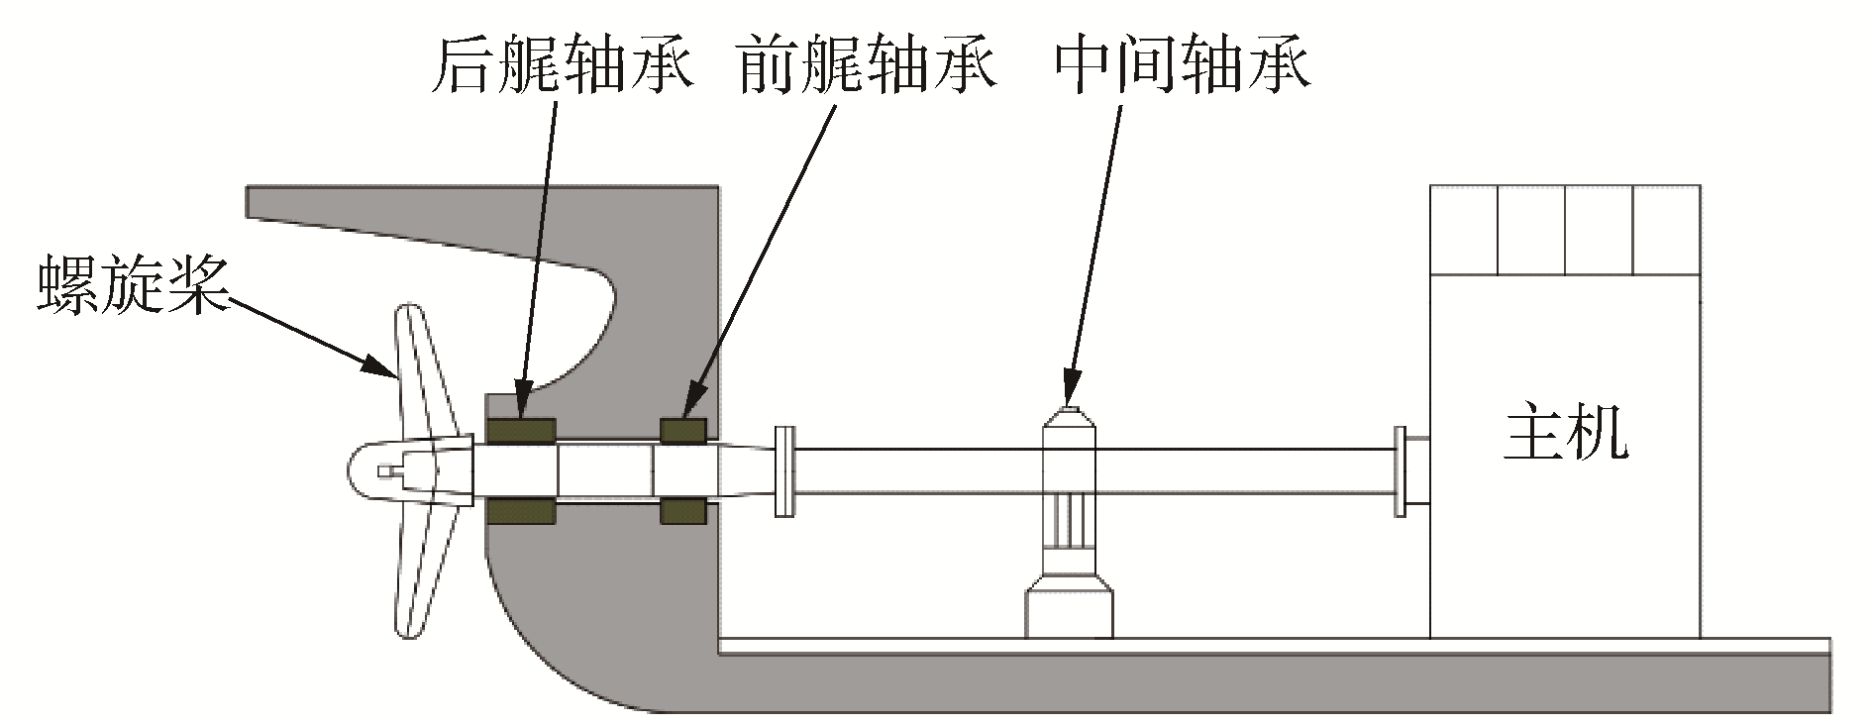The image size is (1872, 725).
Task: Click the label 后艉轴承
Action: [x=562, y=64]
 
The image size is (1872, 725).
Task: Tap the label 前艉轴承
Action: [x=866, y=64]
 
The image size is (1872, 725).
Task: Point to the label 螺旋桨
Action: [x=133, y=285]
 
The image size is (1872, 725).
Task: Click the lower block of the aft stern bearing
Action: [x=521, y=511]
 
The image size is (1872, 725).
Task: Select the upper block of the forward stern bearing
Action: [x=683, y=432]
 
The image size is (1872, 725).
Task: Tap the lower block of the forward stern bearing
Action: [x=683, y=511]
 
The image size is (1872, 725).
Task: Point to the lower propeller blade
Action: [x=421, y=574]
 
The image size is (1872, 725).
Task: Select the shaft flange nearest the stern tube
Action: [x=783, y=471]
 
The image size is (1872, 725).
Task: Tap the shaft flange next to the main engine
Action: [x=1400, y=471]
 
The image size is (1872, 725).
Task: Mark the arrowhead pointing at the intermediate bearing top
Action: [x=1070, y=388]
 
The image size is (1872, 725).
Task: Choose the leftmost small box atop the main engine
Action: [x=1463, y=230]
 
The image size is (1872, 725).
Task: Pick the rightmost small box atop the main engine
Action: [x=1666, y=230]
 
